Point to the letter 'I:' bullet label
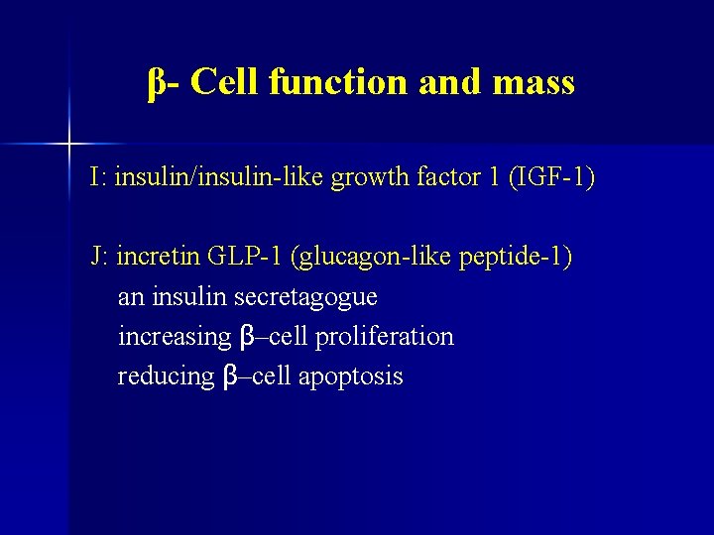coord(98,178)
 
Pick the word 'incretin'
coord(159,258)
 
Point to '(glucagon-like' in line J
coord(368,258)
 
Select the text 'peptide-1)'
coord(514,258)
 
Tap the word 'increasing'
coord(174,337)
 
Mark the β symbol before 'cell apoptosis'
coord(231,377)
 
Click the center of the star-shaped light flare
coord(69,145)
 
